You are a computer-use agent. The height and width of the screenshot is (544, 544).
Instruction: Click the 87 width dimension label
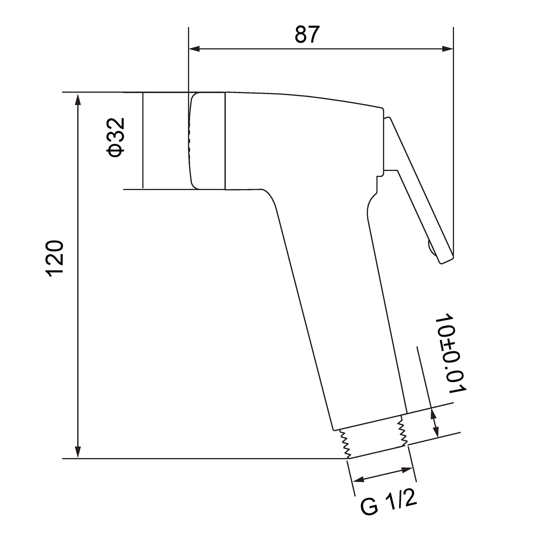(307, 34)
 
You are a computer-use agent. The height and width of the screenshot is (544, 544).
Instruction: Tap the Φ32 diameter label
(116, 137)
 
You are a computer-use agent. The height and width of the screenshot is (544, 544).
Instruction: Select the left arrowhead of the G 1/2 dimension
(359, 480)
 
